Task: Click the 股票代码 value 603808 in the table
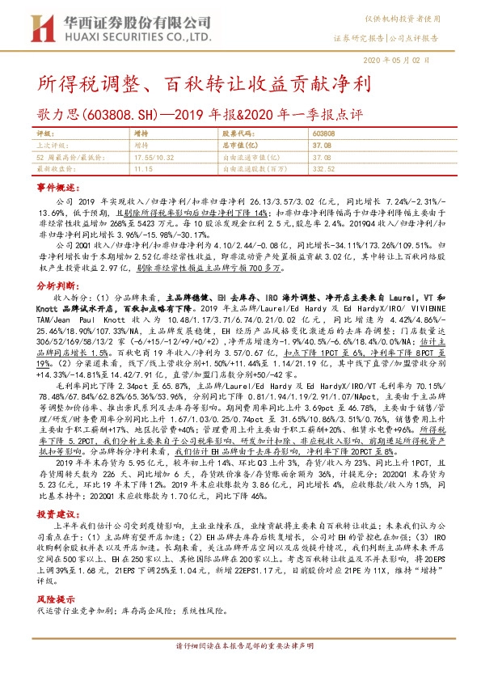point(323,131)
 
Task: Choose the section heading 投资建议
point(57,515)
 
